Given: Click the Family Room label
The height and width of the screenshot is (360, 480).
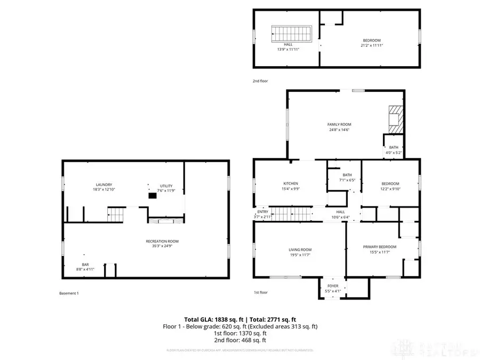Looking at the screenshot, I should coord(339,124).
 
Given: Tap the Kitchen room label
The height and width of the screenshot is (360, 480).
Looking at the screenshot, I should coord(290,183).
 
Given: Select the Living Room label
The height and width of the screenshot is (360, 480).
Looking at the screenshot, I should coord(300,250).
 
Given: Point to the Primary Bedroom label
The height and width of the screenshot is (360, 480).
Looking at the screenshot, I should coord(379,246).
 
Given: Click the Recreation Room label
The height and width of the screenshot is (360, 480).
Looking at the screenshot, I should coord(162,241).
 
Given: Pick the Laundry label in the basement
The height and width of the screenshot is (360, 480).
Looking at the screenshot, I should coord(103,185).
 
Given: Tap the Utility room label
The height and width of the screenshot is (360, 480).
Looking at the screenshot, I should coord(166,186).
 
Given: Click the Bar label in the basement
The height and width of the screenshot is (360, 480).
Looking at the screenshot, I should coord(85,265).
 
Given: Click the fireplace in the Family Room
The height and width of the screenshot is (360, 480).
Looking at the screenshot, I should coord(395,119).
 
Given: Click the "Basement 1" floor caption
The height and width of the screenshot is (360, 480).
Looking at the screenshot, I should coord(69,293).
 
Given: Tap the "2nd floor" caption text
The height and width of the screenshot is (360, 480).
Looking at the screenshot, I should coord(260,81).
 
